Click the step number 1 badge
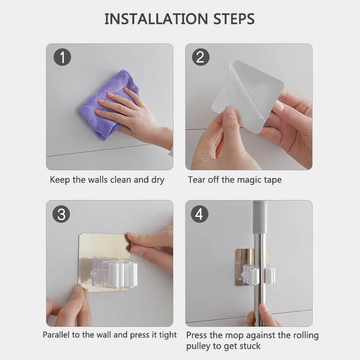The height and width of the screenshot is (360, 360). [x=62, y=57]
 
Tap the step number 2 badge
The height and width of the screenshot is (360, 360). [x=201, y=57]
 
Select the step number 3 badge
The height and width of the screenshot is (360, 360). [x=61, y=214]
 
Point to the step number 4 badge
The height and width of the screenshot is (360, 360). [x=199, y=214]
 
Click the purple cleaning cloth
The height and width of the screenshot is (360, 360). [x=108, y=104]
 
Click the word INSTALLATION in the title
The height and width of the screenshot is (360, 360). [x=156, y=19]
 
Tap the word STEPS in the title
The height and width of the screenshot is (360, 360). [x=234, y=19]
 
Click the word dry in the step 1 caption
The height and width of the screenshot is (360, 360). [x=158, y=180]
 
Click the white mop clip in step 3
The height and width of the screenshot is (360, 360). [x=115, y=273]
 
